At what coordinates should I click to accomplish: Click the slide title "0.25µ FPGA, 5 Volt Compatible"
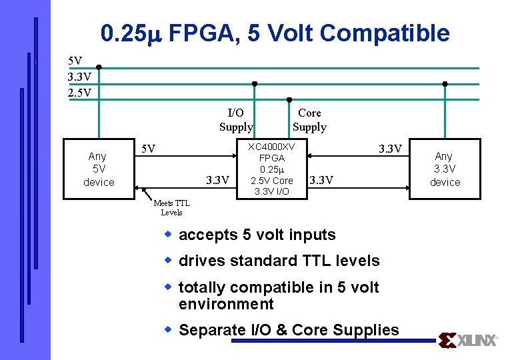(275, 33)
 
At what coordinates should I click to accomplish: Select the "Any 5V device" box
(99, 169)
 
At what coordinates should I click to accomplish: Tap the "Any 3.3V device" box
(445, 169)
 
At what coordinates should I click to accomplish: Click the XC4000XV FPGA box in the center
(271, 169)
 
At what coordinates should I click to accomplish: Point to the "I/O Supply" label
(236, 119)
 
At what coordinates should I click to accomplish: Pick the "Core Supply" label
(309, 119)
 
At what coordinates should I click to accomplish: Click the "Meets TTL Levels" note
(171, 208)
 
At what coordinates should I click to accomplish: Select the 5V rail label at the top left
(75, 61)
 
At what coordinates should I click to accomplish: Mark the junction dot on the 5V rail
(99, 67)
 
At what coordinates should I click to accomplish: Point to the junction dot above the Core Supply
(289, 100)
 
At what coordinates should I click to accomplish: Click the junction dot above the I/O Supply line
(254, 84)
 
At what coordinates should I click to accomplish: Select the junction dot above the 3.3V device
(445, 84)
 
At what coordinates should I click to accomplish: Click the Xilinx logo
(469, 341)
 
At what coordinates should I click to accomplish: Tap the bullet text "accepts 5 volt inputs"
(257, 235)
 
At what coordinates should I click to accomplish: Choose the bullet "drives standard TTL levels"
(279, 261)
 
